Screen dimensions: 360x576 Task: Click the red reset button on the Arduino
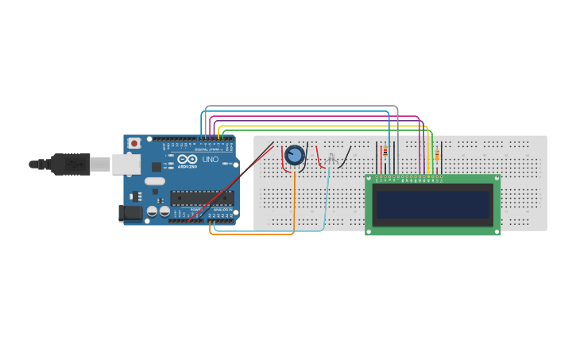[x=134, y=143]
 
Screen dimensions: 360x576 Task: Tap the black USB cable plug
[x=69, y=164]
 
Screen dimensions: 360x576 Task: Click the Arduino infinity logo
[x=187, y=160]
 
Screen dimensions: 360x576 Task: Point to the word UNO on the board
[x=211, y=160]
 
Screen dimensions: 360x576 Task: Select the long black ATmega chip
[x=202, y=198]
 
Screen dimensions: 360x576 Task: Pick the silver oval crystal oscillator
[x=155, y=181]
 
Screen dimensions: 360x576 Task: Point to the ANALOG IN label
[x=223, y=209]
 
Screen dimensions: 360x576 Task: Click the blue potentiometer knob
[x=294, y=156]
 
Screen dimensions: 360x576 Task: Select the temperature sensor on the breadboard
[x=331, y=160]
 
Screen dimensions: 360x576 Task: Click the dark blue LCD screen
[x=433, y=205]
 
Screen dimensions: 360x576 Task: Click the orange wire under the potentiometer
[x=294, y=199]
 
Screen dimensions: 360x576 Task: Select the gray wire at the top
[x=302, y=106]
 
